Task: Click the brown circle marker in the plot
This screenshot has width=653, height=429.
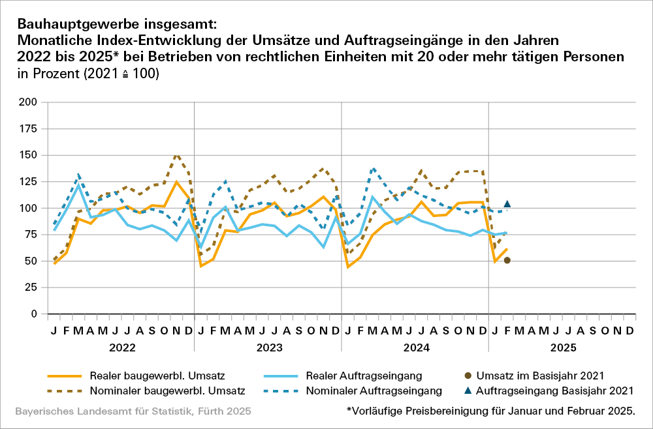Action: click(507, 261)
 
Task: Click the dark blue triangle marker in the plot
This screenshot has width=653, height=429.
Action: click(507, 204)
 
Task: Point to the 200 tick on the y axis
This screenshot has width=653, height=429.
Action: click(27, 102)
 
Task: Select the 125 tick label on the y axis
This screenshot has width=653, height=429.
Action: click(27, 182)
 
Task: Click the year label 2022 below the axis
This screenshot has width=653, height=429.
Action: click(121, 348)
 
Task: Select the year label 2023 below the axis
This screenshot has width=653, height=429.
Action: click(268, 348)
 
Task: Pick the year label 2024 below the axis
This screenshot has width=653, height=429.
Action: click(415, 348)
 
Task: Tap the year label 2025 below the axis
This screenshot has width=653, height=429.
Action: click(562, 348)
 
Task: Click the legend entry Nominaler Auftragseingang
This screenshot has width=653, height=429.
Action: click(385, 391)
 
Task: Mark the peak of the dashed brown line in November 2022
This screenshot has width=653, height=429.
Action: click(176, 155)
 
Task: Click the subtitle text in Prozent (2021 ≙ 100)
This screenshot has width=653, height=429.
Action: click(89, 74)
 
